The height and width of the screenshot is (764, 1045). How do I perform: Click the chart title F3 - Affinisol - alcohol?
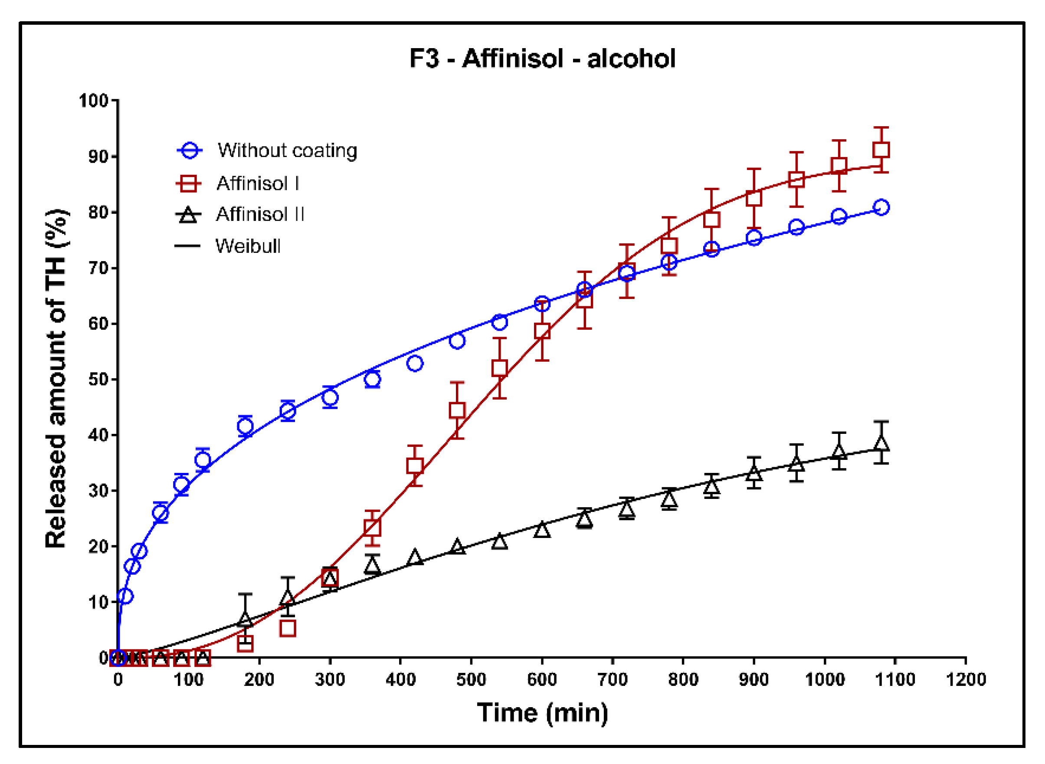(x=542, y=59)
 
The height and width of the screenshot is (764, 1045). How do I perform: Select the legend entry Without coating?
(x=287, y=151)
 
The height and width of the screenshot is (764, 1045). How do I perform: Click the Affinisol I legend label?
(x=258, y=184)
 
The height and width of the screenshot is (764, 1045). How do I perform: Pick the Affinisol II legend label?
(x=260, y=214)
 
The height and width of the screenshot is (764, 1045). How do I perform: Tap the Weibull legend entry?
(x=248, y=246)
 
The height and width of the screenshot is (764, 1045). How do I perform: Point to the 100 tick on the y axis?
(x=93, y=100)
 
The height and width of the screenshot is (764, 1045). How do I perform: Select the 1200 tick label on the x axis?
(x=966, y=679)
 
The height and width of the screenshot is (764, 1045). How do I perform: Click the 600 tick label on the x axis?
(x=541, y=679)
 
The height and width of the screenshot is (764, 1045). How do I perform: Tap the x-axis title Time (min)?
(x=542, y=713)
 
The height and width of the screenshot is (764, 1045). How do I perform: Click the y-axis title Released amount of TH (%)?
(x=56, y=379)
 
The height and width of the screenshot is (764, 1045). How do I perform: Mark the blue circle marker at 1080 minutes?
(x=881, y=207)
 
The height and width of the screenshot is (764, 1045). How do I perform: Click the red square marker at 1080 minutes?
(x=881, y=150)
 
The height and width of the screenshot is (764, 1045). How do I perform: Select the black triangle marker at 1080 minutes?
(x=881, y=443)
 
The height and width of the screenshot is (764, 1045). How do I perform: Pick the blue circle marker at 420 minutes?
(x=415, y=364)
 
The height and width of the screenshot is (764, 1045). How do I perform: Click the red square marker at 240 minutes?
(x=288, y=629)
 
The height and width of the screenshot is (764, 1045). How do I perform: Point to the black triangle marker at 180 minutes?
(x=245, y=619)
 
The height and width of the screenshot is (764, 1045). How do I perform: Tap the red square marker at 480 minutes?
(x=457, y=410)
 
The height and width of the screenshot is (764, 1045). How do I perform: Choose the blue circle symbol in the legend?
(x=190, y=151)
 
